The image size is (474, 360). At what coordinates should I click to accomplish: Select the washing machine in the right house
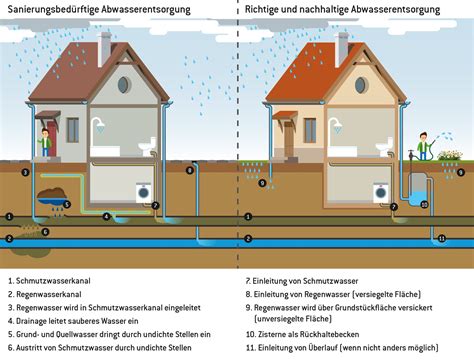point(380,189)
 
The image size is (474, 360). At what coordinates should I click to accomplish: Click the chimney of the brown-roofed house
point(104,47)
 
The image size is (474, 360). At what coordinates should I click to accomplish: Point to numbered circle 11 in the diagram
point(441,238)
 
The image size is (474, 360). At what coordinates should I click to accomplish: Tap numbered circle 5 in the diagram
point(67,203)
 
